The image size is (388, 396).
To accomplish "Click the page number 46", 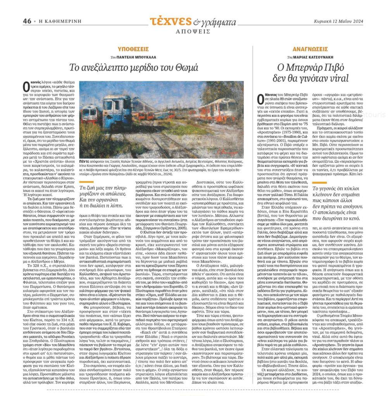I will pyautogui.click(x=27, y=21).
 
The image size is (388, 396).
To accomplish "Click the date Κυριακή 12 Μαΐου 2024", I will pyautogui.click(x=338, y=21).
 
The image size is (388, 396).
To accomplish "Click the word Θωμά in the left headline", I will pyautogui.click(x=185, y=68).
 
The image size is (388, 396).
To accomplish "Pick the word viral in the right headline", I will pyautogui.click(x=328, y=77).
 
